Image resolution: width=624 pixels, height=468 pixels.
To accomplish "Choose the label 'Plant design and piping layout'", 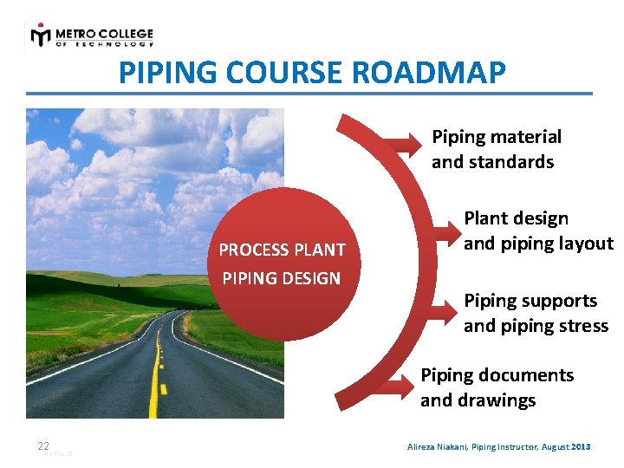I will coord(537,231).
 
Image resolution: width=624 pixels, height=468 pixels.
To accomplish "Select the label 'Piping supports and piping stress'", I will coord(536,313).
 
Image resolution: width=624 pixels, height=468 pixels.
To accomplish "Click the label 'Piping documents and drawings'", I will coord(497,387).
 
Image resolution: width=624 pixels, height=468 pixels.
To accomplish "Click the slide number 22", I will coord(43,446).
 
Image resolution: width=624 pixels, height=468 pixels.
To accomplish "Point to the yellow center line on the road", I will coord(156,381).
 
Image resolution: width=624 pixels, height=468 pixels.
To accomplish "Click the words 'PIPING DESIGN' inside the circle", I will coord(282,278).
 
